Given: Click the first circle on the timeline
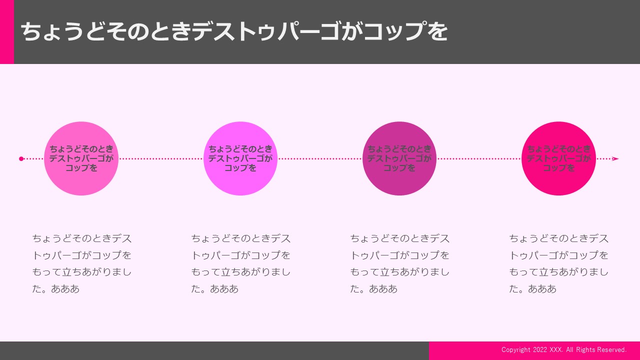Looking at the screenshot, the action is [x=81, y=158].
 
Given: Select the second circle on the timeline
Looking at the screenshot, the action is [x=240, y=158].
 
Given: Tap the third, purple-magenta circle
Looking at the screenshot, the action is [x=399, y=158].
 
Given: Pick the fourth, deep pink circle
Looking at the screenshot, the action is [x=558, y=158].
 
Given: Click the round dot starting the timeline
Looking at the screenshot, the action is [x=21, y=159].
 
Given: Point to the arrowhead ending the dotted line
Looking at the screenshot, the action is [x=615, y=159].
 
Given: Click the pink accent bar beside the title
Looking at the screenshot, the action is [x=7, y=31].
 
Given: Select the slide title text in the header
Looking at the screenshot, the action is [x=234, y=31].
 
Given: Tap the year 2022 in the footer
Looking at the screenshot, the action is [x=540, y=349].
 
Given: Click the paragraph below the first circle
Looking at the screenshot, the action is [x=81, y=263].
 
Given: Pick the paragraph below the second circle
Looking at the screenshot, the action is [x=241, y=263].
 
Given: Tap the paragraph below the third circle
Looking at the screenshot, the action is [x=400, y=263].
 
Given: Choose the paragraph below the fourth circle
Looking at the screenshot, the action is [x=559, y=263].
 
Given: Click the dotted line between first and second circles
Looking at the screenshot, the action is [x=161, y=159].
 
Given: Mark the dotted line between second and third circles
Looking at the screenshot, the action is [x=320, y=159].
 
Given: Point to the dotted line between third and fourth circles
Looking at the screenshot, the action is [x=479, y=159].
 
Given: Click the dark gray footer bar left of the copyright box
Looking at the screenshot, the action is [x=214, y=350].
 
